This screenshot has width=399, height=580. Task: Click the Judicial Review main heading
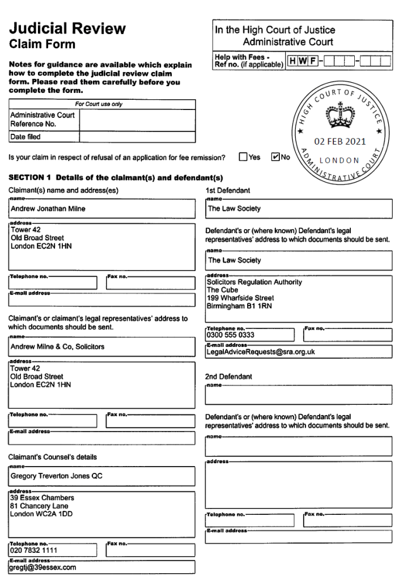pyautogui.click(x=67, y=28)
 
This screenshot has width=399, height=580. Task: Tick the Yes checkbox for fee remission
pyautogui.click(x=243, y=157)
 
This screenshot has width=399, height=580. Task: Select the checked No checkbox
pyautogui.click(x=276, y=157)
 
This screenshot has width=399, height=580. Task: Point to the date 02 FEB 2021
pyautogui.click(x=340, y=141)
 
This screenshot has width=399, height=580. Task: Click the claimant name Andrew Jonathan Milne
pyautogui.click(x=48, y=209)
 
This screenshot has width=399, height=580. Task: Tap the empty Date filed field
pyautogui.click(x=137, y=137)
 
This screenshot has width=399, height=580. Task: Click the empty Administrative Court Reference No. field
pyautogui.click(x=137, y=120)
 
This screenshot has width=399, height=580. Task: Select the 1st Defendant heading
pyautogui.click(x=227, y=190)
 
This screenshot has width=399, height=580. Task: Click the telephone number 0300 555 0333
pyautogui.click(x=231, y=335)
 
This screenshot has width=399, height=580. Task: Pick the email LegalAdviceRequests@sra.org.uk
pyautogui.click(x=261, y=352)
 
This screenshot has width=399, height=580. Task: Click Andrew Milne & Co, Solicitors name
pyautogui.click(x=57, y=346)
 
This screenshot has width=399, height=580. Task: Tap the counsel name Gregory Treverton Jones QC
pyautogui.click(x=57, y=476)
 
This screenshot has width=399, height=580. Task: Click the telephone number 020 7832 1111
pyautogui.click(x=33, y=550)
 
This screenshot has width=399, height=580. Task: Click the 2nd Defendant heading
pyautogui.click(x=228, y=376)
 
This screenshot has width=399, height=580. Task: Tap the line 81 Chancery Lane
pyautogui.click(x=39, y=506)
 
